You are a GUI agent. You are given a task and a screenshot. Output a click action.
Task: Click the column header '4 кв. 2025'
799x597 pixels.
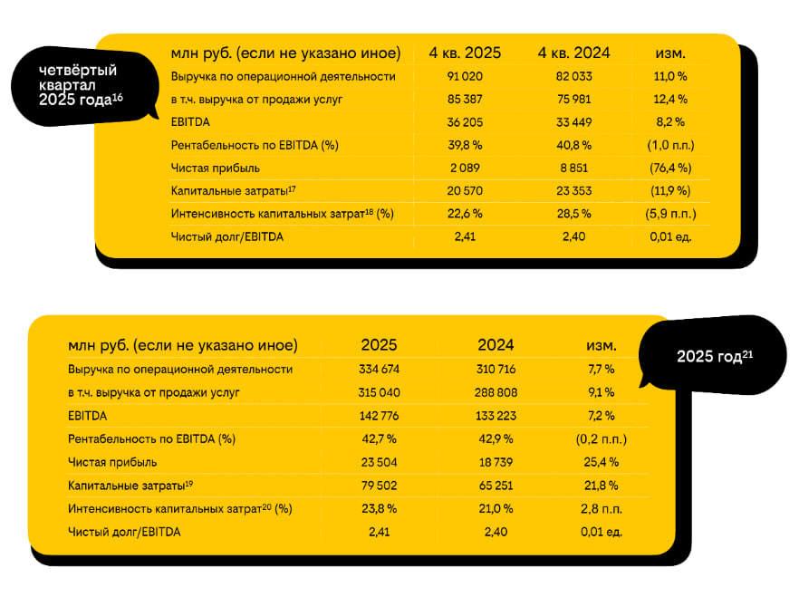click(x=465, y=53)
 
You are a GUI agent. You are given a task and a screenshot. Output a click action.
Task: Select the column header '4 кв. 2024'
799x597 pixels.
click(x=573, y=53)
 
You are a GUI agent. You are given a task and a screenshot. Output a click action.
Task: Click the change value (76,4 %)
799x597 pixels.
click(x=669, y=168)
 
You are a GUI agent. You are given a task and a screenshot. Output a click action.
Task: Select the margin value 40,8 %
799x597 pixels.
click(x=573, y=145)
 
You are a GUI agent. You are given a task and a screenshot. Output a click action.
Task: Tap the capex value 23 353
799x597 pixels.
click(x=573, y=191)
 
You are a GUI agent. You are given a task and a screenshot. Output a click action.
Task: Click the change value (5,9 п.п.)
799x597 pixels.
click(x=669, y=214)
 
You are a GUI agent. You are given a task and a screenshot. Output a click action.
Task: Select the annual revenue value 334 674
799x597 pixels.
click(x=379, y=369)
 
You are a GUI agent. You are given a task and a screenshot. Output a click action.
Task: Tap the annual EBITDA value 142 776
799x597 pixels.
click(x=379, y=415)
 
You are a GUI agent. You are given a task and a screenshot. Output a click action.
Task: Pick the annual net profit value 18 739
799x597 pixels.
click(x=495, y=462)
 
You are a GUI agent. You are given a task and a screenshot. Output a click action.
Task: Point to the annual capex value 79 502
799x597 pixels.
click(x=379, y=485)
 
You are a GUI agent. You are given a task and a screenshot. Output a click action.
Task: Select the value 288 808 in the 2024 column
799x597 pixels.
click(x=495, y=392)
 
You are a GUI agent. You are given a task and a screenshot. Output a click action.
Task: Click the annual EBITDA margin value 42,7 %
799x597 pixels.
click(x=379, y=438)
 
